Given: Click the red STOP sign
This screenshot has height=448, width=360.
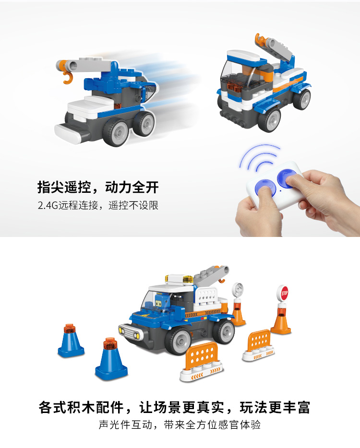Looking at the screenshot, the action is (x=283, y=293).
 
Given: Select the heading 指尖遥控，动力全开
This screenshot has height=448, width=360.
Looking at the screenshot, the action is (x=98, y=187).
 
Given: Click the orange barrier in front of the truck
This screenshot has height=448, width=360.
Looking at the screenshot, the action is (x=201, y=362).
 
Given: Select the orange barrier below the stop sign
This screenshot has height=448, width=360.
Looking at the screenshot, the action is (x=258, y=345).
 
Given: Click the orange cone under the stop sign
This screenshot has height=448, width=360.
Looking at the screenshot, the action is (x=281, y=319).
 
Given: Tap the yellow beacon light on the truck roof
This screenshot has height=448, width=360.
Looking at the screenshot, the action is (x=188, y=280).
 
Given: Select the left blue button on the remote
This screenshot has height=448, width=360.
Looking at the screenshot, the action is (x=265, y=188).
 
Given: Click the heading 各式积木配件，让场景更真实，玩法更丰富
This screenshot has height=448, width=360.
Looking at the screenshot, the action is (x=174, y=407).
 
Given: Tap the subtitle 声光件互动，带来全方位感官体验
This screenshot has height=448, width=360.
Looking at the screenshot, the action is (x=180, y=425).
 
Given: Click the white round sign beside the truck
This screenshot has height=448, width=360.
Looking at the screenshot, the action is (x=237, y=290).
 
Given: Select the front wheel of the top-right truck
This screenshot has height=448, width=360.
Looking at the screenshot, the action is (x=269, y=120).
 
